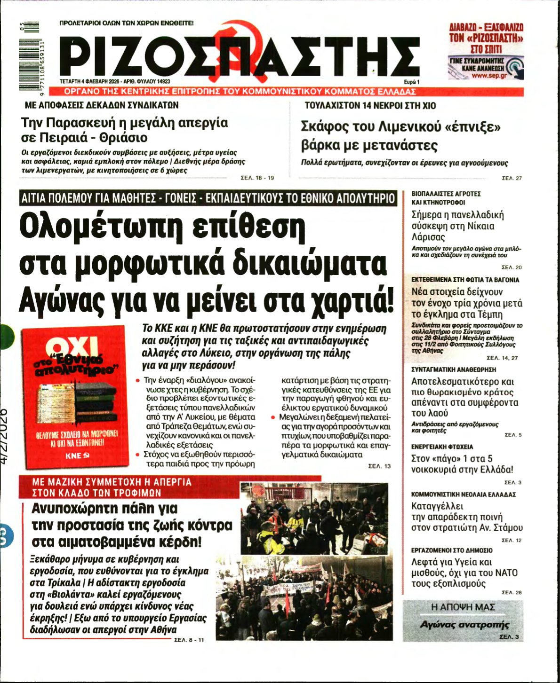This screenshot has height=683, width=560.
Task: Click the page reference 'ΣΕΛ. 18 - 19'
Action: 257,178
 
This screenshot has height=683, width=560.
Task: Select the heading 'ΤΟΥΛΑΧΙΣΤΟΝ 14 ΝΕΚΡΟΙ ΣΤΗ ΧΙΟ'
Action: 370,106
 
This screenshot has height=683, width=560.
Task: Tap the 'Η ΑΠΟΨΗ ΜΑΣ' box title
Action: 463,607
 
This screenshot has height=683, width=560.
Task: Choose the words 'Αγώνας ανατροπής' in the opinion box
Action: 464,625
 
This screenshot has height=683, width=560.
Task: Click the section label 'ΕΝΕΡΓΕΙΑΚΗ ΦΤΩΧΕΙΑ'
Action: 442,447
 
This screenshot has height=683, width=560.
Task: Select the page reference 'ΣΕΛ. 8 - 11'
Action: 189,640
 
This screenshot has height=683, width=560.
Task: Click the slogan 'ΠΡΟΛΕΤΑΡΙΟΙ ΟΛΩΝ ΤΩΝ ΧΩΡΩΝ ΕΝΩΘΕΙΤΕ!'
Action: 127,23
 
